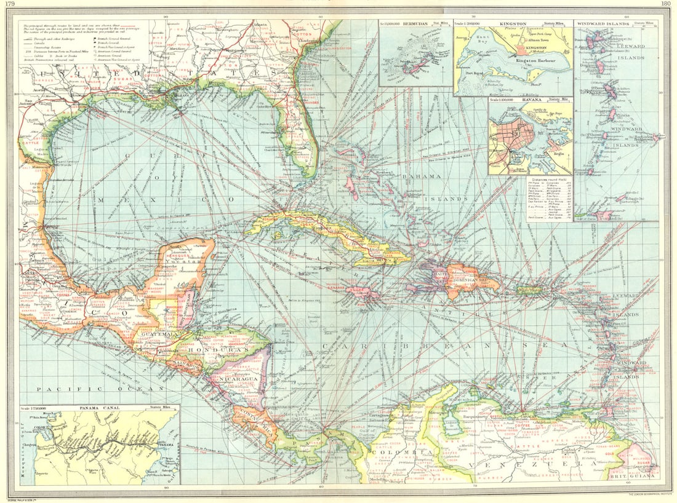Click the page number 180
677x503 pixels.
tap(666, 4)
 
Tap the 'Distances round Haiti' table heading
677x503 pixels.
tap(550, 178)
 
